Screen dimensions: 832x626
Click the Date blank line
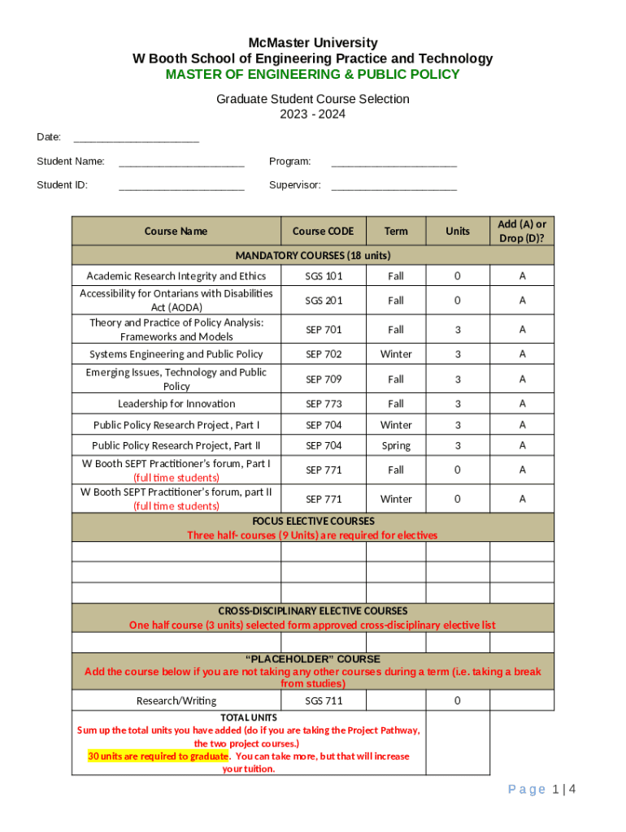[136, 139]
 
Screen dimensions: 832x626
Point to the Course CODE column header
[323, 232]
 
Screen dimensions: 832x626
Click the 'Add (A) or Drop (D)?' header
[522, 232]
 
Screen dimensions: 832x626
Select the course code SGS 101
[324, 276]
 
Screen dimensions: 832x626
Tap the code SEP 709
[324, 379]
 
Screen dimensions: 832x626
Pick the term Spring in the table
[396, 446]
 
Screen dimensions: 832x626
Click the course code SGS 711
[324, 701]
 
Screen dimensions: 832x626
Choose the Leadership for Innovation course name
[176, 404]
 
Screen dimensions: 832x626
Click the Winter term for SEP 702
[396, 354]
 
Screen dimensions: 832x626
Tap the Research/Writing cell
[176, 701]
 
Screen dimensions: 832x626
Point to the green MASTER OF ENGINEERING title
[313, 75]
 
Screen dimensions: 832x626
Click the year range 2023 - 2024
[313, 115]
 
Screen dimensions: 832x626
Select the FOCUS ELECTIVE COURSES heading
[313, 521]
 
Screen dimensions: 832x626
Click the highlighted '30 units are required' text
[158, 756]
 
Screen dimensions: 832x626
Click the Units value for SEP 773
[458, 404]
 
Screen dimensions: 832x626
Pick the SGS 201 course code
[324, 301]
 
